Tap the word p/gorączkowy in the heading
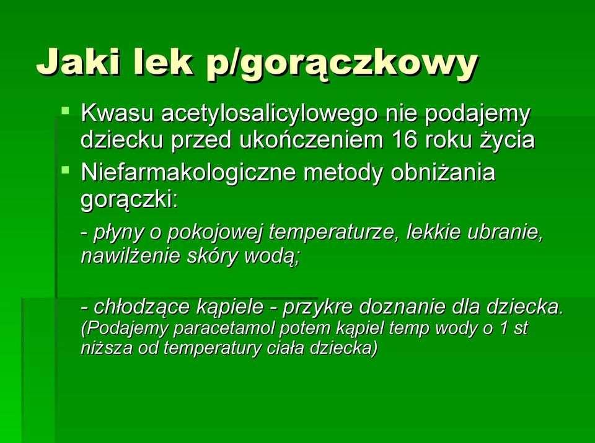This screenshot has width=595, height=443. [342, 65]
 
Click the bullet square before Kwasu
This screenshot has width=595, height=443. [66, 111]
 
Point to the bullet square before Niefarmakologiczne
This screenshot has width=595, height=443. [66, 170]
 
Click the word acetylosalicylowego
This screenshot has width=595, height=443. [269, 115]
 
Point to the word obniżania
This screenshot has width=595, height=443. [443, 173]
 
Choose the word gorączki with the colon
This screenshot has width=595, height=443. [129, 200]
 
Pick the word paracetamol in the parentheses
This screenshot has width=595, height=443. [224, 328]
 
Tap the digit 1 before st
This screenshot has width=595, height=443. [503, 328]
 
